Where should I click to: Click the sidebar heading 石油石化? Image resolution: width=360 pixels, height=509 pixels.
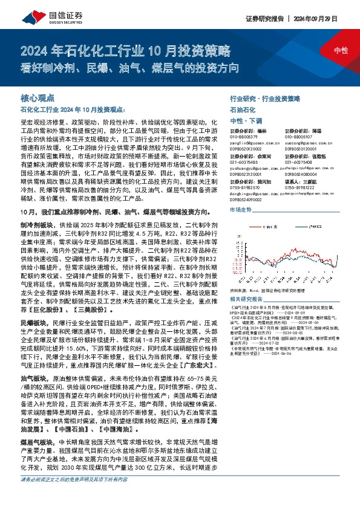[243, 110]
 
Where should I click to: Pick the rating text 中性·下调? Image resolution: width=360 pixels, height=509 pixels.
[246, 121]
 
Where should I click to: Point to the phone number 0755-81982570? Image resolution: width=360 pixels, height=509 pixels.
[245, 187]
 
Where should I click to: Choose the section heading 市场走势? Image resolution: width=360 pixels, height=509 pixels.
[241, 209]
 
